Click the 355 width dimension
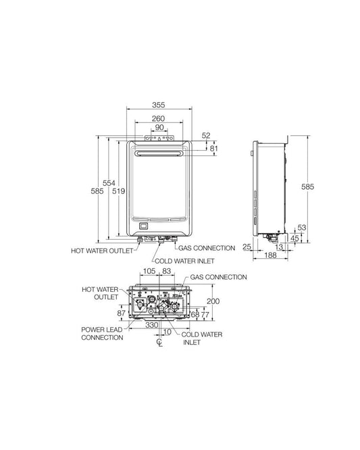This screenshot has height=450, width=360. point(158,105)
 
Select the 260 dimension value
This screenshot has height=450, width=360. point(158,118)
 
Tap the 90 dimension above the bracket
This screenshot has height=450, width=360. point(159,127)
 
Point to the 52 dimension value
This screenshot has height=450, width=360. point(206,135)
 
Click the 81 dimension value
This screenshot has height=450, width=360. point(213,149)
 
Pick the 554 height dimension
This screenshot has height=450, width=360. point(109,183)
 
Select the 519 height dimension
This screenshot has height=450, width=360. point(118,191)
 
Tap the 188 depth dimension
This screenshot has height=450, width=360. point(270,255)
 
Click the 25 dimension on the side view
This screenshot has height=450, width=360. point(247,247)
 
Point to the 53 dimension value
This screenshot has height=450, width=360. point(301,228)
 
